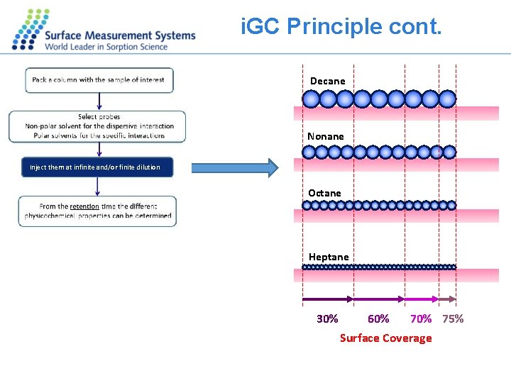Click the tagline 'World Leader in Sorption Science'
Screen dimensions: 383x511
106,47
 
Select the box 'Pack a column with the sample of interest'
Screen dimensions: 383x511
99,80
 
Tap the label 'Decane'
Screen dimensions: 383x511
327,81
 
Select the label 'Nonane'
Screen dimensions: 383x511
325,136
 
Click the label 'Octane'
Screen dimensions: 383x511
324,193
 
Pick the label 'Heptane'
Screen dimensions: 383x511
329,257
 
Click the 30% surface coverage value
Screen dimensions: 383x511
327,318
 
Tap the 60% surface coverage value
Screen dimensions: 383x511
378,318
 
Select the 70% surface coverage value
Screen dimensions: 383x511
421,318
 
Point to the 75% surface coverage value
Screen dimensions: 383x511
453,318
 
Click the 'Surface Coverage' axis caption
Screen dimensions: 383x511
385,338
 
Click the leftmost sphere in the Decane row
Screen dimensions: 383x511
311,99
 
